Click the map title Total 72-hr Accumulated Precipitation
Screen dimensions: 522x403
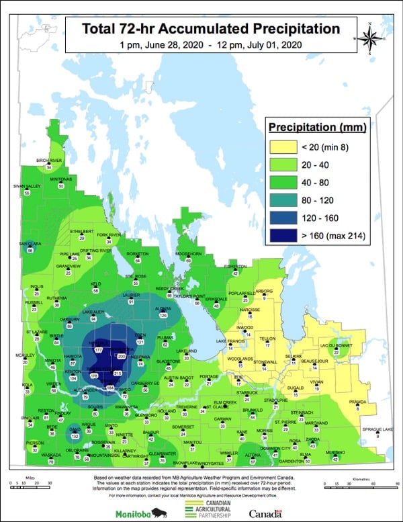click(210, 29)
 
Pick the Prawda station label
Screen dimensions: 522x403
click(357, 402)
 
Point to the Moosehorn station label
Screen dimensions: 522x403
click(189, 253)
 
